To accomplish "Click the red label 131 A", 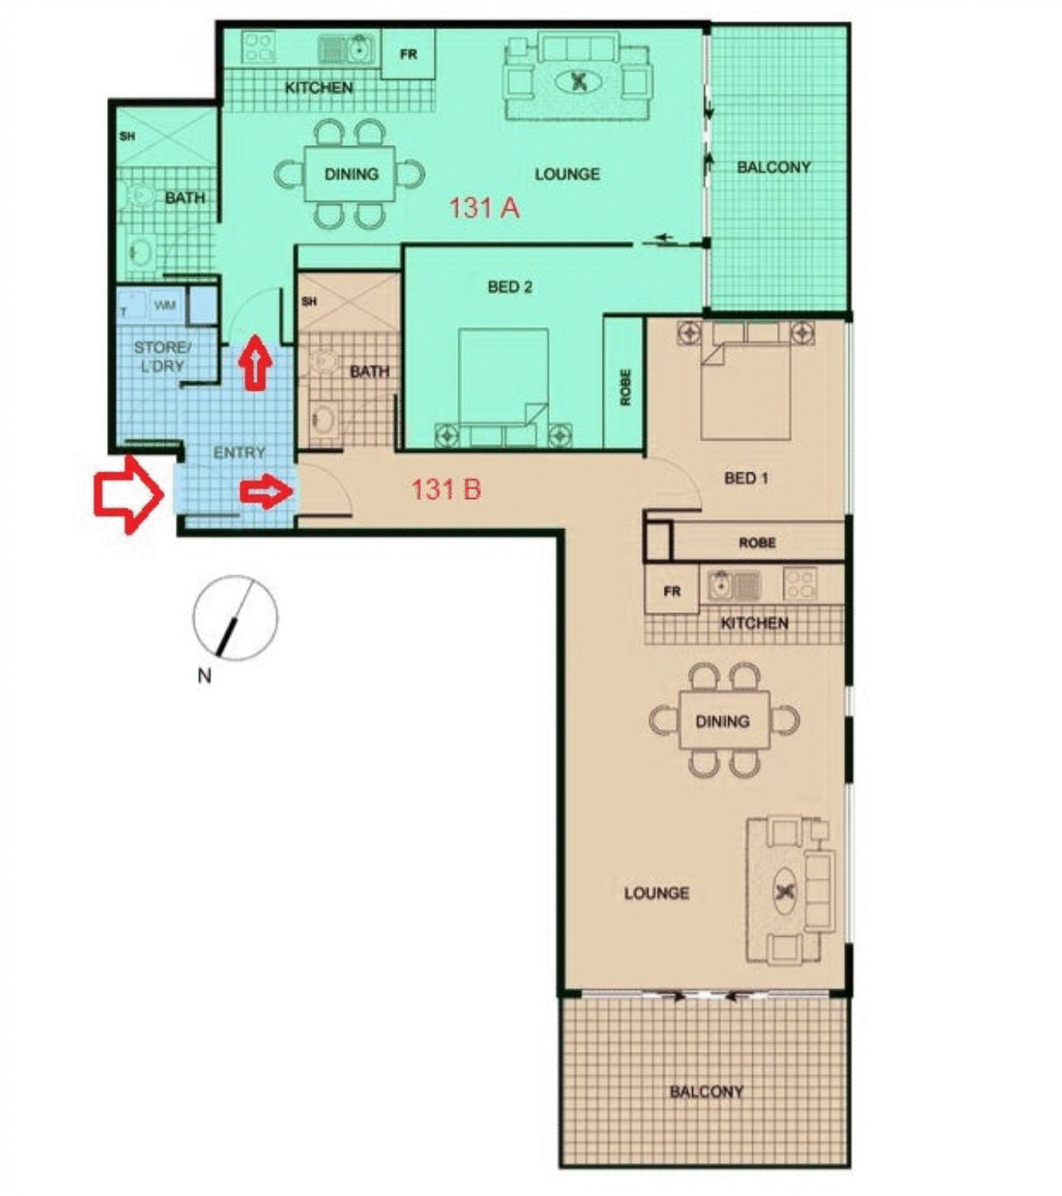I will tap(483, 208).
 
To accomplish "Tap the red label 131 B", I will tap(446, 488).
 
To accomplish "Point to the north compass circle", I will tap(235, 617).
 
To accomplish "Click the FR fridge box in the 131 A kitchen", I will tap(408, 55).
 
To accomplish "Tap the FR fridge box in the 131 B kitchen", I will tap(672, 591).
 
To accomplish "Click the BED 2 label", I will tap(510, 287).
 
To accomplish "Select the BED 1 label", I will tap(746, 478).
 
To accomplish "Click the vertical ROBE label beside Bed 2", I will tap(625, 387).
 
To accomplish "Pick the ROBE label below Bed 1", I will tap(757, 542).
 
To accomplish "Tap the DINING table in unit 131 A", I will tap(351, 174).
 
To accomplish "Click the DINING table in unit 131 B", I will tap(722, 721).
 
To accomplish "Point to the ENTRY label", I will tap(239, 452).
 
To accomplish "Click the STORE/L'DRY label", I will tap(161, 356).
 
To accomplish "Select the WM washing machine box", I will tap(165, 305).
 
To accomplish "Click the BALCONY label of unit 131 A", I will tap(773, 166).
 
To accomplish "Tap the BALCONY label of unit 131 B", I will tap(706, 1091).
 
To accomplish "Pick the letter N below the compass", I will tap(204, 675).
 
